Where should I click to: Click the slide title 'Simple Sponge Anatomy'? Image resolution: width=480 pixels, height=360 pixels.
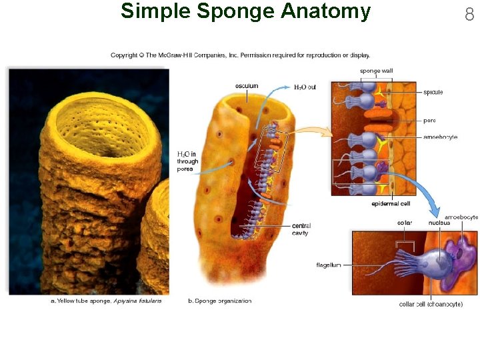245,11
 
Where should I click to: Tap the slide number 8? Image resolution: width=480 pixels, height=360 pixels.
469,13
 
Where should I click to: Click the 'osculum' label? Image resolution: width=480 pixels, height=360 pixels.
246,86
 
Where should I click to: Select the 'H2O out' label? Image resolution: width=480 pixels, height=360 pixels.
305,87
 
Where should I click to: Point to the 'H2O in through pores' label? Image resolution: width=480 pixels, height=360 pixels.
187,161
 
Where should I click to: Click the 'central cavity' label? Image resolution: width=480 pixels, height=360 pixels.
301,229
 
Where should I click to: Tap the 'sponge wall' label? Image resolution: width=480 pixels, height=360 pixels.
376,71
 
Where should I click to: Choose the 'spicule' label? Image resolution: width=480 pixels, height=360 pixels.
433,93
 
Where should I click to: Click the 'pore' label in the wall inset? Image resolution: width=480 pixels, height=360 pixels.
430,121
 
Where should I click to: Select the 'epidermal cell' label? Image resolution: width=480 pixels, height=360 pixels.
391,203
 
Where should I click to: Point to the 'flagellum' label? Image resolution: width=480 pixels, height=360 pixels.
329,265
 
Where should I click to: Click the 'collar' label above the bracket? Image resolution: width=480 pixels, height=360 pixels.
404,223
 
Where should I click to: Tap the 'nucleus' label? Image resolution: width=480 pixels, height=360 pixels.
440,223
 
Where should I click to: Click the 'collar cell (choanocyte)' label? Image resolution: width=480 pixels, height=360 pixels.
431,304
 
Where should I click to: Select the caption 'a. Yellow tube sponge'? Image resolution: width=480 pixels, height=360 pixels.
107,301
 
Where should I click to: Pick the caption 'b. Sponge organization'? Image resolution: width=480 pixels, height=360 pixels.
220,301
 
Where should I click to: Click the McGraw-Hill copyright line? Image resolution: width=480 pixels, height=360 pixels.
240,55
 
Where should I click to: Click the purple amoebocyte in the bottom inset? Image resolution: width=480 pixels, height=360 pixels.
460,257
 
